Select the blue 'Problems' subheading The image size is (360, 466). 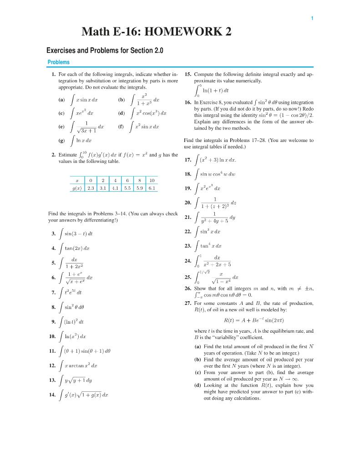click(x=59, y=62)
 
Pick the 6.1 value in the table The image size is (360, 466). click(x=151, y=187)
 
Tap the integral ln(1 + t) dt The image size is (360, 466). click(x=211, y=91)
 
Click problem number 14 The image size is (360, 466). click(x=53, y=395)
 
